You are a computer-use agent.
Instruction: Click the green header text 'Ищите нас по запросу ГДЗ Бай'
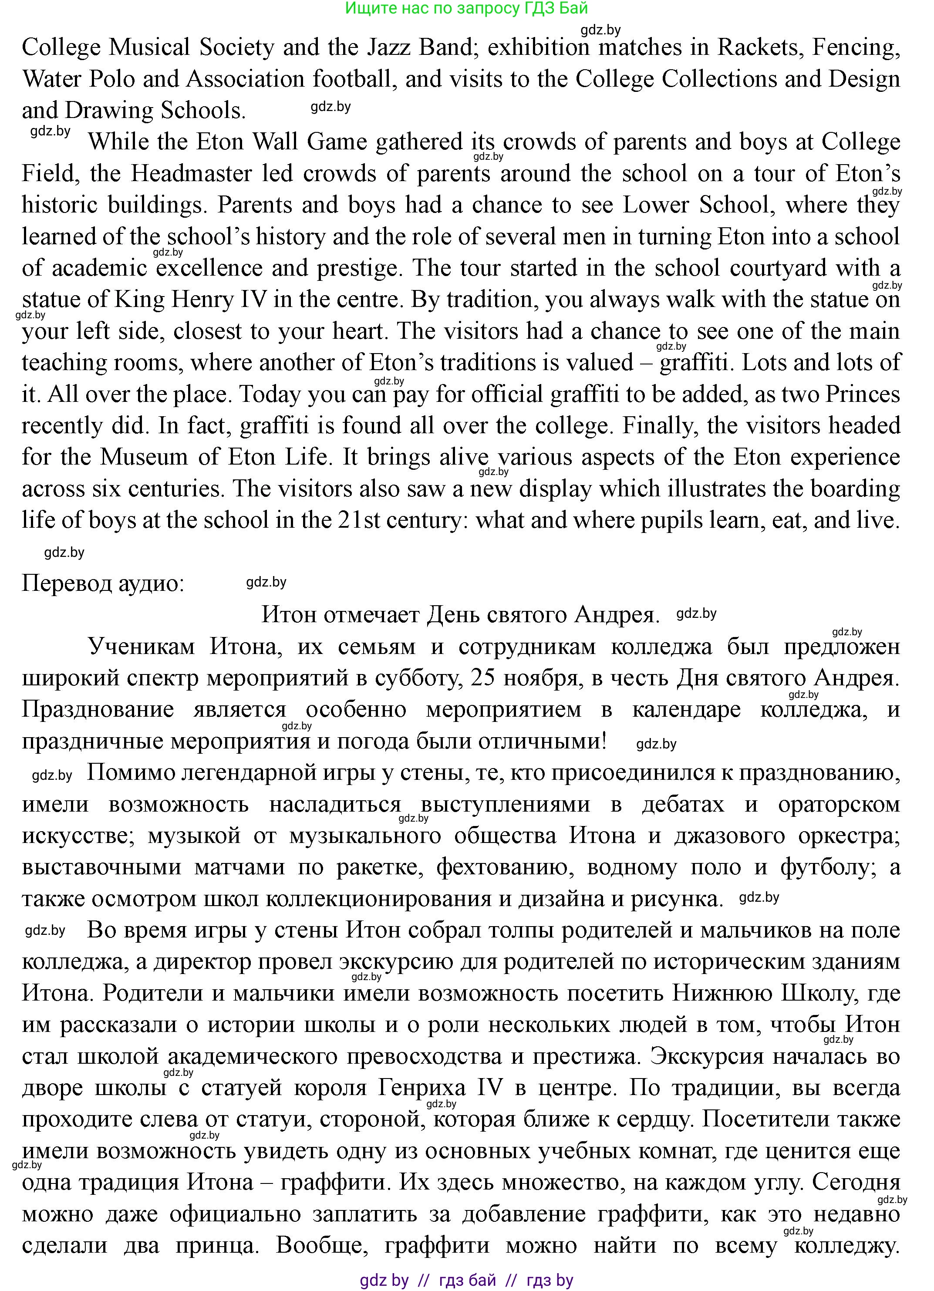(x=466, y=9)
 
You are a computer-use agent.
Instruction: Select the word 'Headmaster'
(x=191, y=174)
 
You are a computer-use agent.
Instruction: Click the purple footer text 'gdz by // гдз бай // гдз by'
(x=466, y=1281)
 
